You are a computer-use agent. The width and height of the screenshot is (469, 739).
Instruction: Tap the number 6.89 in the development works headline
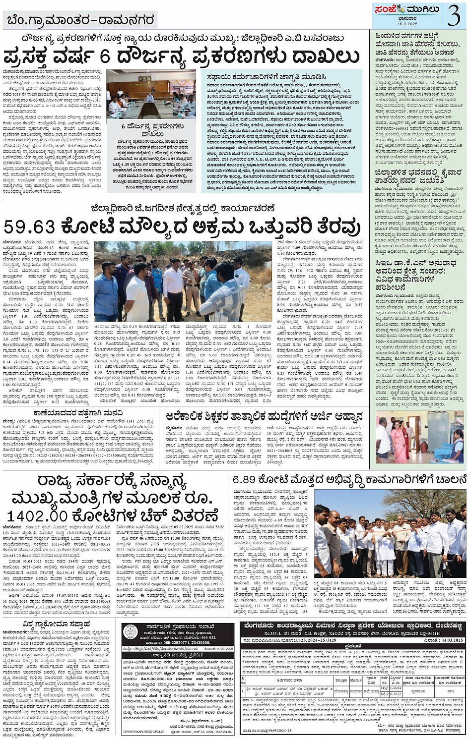pos(244,479)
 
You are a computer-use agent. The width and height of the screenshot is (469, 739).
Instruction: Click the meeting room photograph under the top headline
pos(151,93)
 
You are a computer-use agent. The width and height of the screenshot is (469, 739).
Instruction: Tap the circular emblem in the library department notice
pos(131,632)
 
